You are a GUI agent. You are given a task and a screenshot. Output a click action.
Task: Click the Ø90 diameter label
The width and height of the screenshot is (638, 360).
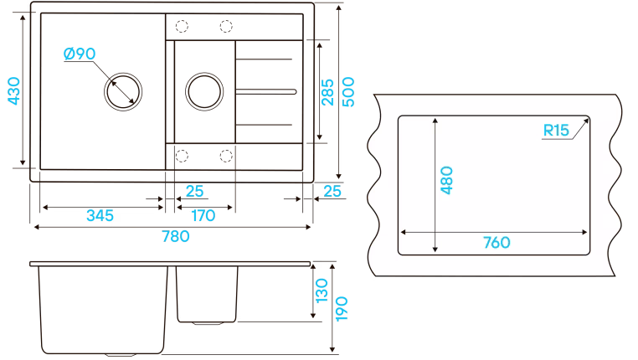[80, 54]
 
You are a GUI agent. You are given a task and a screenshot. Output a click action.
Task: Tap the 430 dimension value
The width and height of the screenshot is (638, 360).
[13, 90]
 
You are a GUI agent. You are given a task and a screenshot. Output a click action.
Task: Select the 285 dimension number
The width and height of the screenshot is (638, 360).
[327, 92]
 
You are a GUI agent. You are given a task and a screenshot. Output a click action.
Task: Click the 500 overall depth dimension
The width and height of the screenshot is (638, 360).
[348, 92]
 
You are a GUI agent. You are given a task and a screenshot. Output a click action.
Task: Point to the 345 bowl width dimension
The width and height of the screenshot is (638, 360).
[100, 216]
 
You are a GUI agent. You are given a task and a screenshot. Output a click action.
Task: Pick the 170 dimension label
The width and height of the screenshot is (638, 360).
[203, 216]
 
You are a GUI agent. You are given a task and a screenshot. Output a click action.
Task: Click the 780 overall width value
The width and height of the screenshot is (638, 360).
[176, 236]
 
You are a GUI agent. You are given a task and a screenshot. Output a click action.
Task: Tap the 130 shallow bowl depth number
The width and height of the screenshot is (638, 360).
[322, 291]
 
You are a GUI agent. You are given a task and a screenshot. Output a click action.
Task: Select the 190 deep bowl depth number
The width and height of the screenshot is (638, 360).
[342, 309]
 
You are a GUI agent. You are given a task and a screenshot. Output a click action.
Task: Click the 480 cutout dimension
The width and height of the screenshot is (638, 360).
[446, 180]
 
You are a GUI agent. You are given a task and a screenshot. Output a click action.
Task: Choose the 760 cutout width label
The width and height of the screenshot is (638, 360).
[497, 243]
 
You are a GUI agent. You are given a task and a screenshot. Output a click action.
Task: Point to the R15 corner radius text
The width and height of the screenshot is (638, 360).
[556, 131]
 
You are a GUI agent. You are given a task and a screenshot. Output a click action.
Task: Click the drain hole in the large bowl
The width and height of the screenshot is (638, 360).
[123, 91]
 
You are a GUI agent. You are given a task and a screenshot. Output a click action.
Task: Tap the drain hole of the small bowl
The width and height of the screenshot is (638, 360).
[204, 91]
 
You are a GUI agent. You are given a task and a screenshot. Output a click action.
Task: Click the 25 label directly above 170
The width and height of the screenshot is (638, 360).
[194, 191]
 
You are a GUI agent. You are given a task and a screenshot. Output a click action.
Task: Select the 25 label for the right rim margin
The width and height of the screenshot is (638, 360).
[332, 191]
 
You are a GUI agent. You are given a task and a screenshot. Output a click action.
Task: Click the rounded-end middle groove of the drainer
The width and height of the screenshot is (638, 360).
[266, 92]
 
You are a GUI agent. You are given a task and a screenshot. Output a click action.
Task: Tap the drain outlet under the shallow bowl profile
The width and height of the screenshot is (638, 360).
[207, 323]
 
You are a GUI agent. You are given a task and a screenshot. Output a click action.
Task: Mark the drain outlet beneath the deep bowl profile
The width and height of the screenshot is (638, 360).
[121, 355]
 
